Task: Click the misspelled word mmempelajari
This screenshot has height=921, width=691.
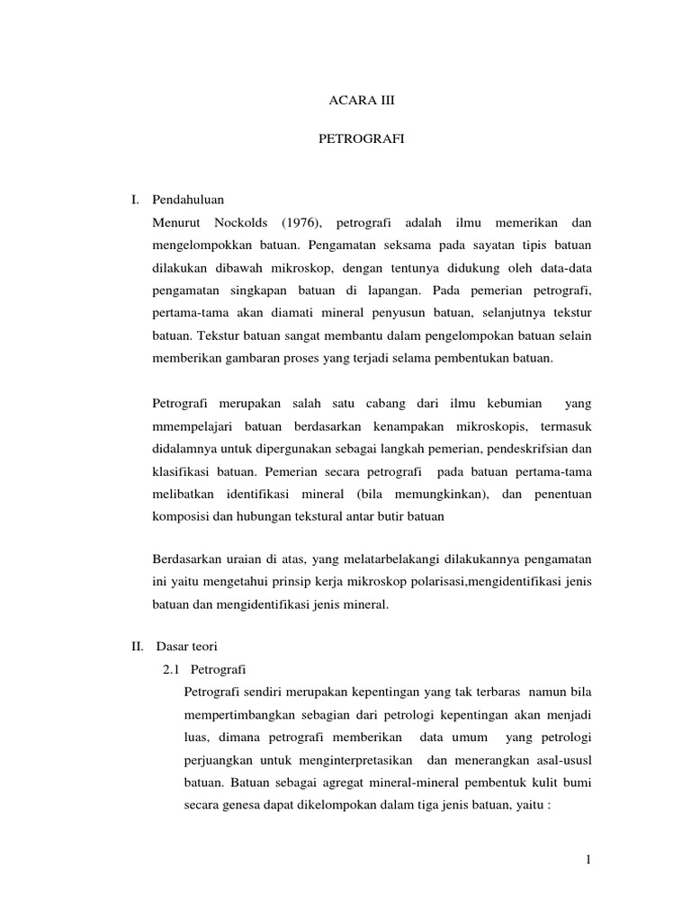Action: tap(191, 425)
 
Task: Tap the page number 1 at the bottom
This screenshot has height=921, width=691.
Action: tap(588, 861)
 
